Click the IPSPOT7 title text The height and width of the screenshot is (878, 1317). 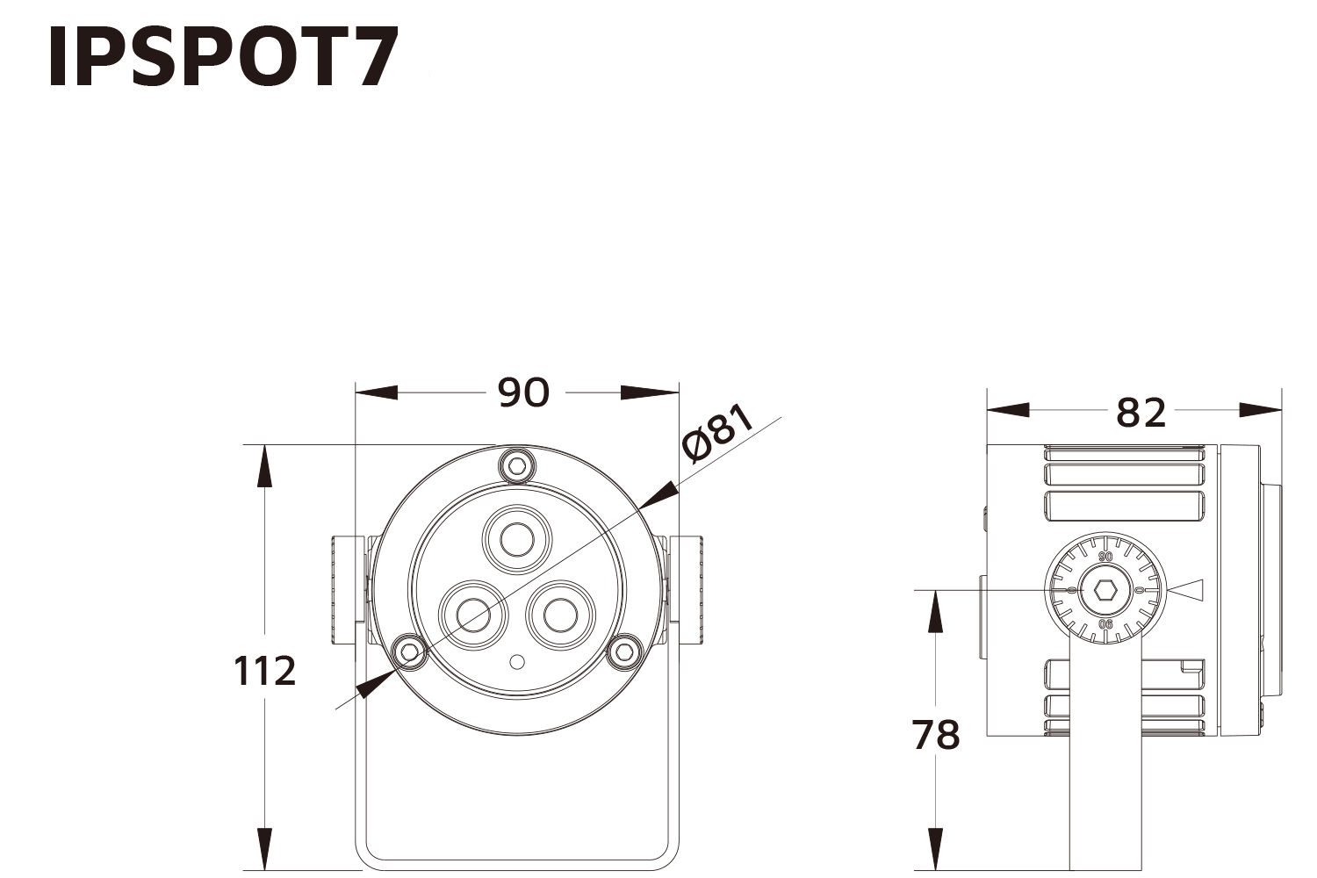tap(223, 58)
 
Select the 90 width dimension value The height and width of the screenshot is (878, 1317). tap(523, 393)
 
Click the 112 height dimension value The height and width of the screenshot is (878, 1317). tap(264, 672)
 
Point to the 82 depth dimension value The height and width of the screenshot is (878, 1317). tap(1141, 412)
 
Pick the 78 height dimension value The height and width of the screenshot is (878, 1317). tap(936, 735)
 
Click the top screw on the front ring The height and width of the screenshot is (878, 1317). tap(517, 464)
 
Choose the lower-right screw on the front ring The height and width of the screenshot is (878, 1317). tap(624, 651)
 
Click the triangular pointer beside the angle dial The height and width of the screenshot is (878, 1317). tap(1186, 591)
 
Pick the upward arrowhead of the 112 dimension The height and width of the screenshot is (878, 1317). tap(263, 465)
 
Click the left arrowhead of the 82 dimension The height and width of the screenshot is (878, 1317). tap(1007, 410)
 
